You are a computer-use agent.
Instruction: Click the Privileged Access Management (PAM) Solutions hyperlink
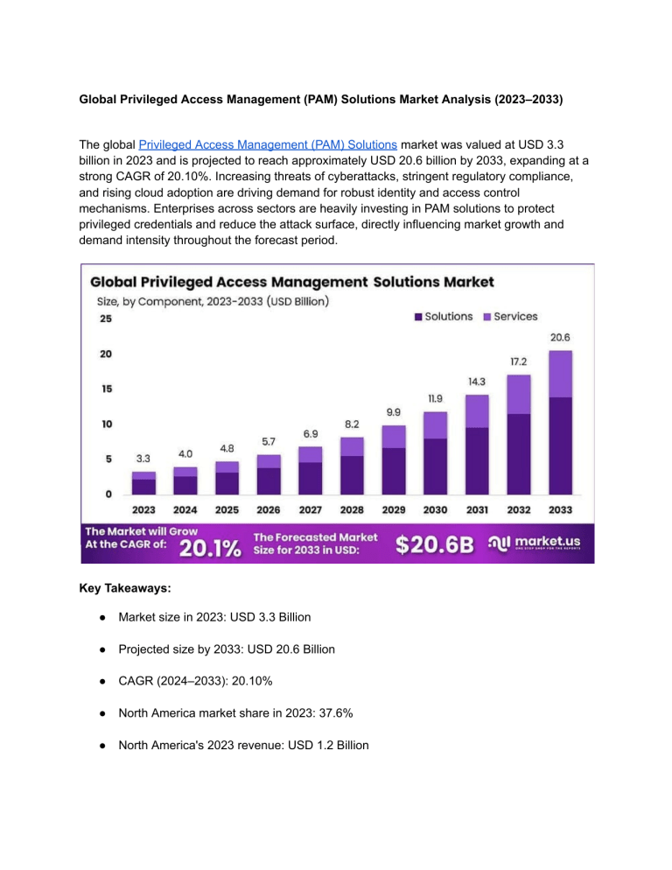tap(269, 144)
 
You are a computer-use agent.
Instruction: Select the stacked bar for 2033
tap(560, 423)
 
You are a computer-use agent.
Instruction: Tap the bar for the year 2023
tap(144, 482)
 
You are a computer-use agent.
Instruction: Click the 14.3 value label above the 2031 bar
tap(476, 382)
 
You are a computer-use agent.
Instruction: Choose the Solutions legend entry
tap(443, 316)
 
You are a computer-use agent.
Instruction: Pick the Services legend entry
tap(509, 316)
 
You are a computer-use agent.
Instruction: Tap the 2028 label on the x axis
tap(352, 509)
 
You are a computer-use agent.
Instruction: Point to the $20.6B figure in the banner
tap(435, 545)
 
